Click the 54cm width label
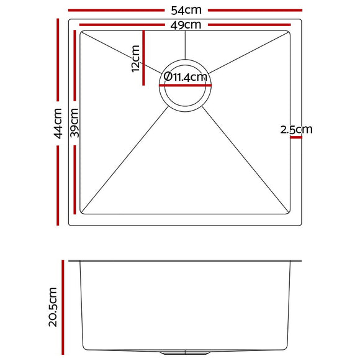tap(186, 10)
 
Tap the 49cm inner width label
tap(186, 25)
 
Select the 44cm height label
tap(58, 124)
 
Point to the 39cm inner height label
tap(74, 122)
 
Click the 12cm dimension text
tap(135, 58)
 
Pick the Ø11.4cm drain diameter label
tap(186, 76)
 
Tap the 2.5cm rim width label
tap(296, 129)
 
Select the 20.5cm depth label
tap(53, 307)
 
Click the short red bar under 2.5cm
tap(296, 137)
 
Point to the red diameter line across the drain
tap(185, 85)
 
